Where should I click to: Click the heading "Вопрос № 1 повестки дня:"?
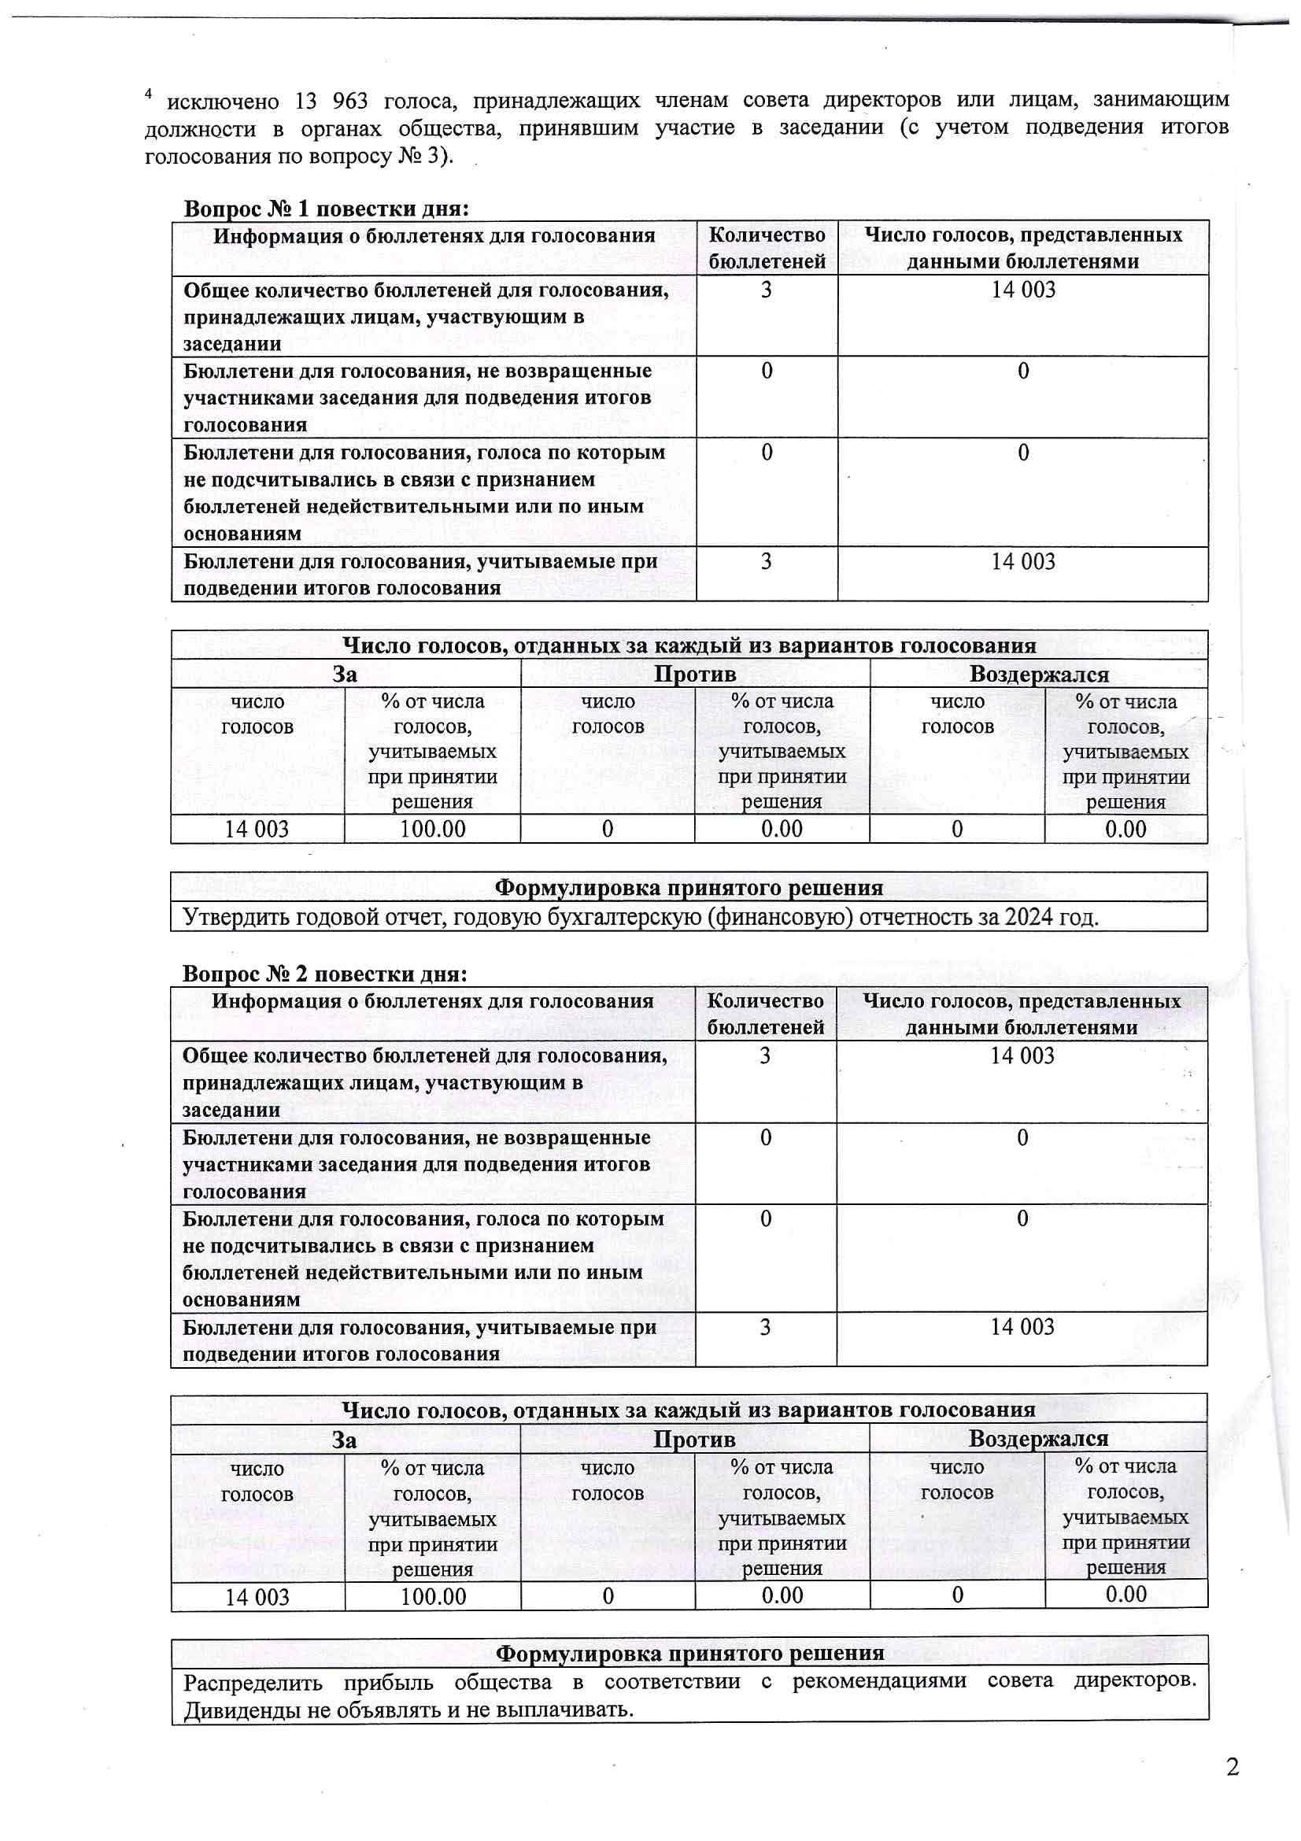[x=326, y=209]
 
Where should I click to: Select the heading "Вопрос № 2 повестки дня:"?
[x=324, y=974]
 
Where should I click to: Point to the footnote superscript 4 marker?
[x=148, y=94]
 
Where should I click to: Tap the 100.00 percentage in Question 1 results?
[x=432, y=829]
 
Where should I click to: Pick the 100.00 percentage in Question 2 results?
[x=433, y=1595]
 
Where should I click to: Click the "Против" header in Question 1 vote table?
[x=694, y=674]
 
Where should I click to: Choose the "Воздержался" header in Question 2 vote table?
[x=1038, y=1439]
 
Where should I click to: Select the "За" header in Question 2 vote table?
[x=345, y=1440]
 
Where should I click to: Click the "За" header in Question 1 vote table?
[x=345, y=674]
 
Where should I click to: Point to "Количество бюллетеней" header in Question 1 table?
[x=767, y=248]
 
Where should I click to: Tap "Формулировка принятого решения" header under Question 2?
[x=689, y=1653]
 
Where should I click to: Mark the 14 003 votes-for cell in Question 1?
[x=257, y=829]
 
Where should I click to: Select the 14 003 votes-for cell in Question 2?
[x=257, y=1596]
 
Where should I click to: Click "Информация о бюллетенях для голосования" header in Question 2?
[x=432, y=1001]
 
